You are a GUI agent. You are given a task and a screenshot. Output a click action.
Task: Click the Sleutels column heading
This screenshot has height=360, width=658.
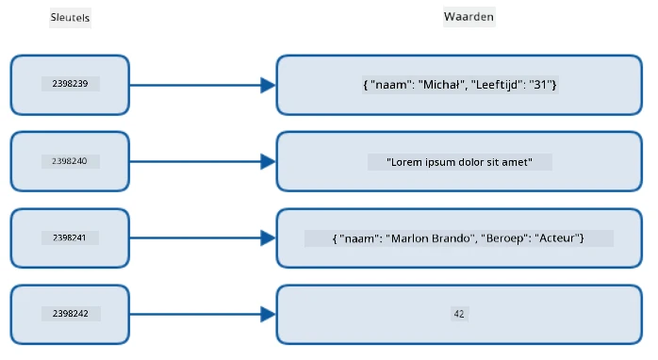70,18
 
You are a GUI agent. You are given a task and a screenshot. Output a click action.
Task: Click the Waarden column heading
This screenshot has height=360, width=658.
469,17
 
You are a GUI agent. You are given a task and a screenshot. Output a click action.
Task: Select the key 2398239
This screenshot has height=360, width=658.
70,84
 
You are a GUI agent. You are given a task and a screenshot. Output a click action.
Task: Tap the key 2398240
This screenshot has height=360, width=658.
70,161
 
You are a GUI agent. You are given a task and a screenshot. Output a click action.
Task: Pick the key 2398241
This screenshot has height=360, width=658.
70,237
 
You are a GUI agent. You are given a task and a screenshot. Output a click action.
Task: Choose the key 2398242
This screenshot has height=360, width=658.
71,314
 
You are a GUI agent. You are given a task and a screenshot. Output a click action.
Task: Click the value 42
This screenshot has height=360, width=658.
459,314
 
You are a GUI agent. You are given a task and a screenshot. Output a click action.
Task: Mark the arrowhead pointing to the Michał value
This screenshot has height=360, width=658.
268,85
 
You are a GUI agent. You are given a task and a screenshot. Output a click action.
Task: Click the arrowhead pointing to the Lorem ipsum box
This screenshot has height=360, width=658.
268,161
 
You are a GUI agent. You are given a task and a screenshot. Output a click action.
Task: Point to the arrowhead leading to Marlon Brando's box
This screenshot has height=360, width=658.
268,237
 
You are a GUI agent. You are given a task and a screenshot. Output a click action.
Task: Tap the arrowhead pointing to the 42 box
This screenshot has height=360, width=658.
268,314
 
